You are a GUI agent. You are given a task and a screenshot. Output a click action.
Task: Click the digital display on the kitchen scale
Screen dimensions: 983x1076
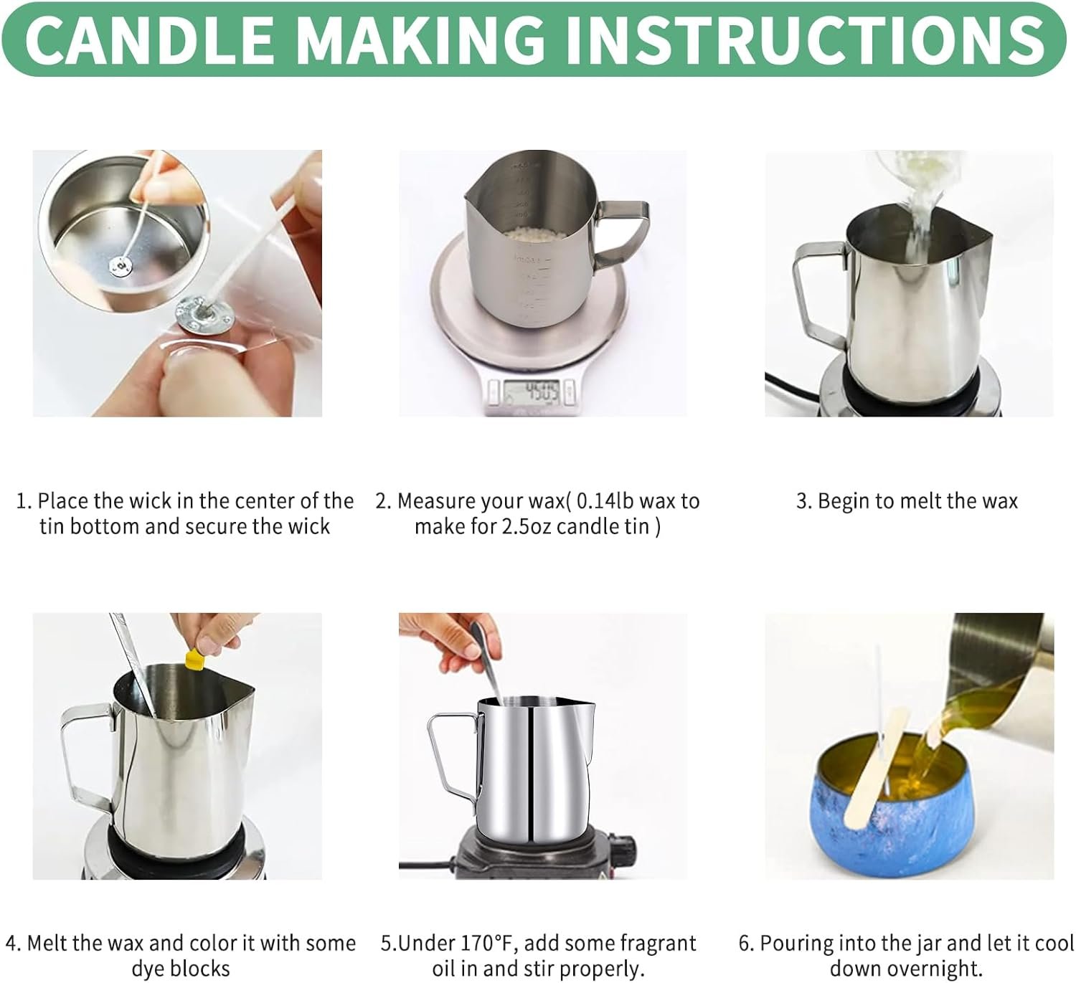(531, 391)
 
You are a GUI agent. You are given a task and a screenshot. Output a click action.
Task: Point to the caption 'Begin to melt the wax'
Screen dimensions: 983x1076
(907, 501)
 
